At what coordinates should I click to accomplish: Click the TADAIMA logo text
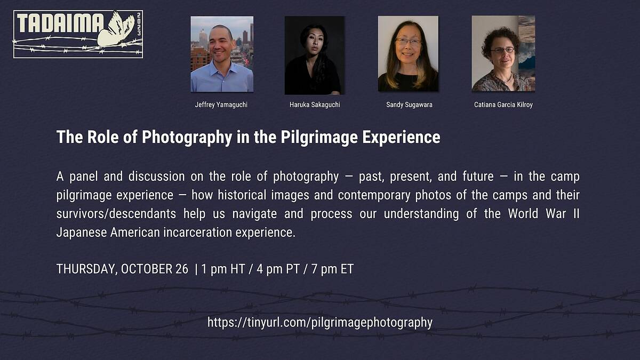point(60,23)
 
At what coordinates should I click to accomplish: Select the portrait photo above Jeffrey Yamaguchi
point(222,54)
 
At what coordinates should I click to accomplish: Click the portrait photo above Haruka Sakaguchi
point(315,55)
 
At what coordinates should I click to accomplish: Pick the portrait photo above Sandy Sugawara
point(408,54)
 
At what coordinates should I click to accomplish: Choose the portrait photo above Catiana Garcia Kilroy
point(503,54)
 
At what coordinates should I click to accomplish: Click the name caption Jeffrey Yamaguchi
point(221,105)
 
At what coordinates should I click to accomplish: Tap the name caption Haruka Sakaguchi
point(315,105)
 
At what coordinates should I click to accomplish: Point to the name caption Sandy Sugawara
point(409,105)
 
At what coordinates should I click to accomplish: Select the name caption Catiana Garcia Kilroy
point(503,105)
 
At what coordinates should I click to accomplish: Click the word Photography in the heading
point(187,138)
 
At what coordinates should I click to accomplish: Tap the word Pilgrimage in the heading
point(319,138)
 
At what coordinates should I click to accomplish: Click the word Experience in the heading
point(402,138)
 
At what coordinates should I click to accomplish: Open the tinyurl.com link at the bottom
point(320,323)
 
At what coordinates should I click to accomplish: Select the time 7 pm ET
point(333,269)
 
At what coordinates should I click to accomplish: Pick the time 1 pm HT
point(223,269)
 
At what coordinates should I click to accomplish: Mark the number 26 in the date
point(182,269)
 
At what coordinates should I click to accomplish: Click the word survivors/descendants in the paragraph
point(116,214)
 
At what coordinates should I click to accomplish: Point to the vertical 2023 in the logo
point(139,23)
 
